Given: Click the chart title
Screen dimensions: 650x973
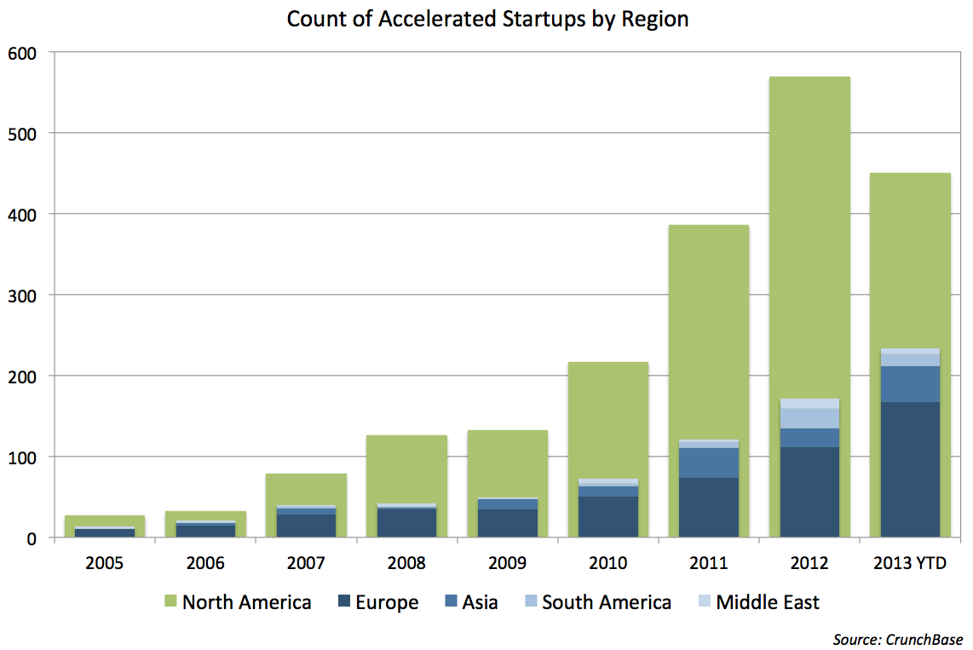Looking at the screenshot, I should pos(487,20).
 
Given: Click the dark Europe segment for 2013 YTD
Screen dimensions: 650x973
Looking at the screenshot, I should pos(910,469).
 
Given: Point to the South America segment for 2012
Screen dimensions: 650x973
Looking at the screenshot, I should pos(809,418).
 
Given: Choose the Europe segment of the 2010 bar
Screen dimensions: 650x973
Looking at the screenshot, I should pos(608,516).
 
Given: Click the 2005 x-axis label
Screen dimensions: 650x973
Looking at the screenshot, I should pos(105,563).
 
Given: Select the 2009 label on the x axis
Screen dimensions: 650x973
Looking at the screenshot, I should pos(508,563).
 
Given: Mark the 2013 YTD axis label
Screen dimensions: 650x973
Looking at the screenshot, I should pos(910,563).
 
